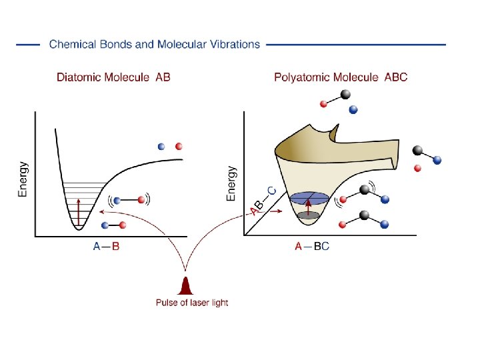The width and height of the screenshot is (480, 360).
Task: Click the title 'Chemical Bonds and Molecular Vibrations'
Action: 155,45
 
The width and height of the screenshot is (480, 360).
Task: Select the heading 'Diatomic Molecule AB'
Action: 113,77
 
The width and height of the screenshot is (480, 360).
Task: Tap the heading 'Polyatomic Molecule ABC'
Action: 341,77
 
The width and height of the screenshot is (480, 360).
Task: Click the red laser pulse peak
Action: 186,286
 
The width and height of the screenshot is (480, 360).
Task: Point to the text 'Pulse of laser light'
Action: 192,303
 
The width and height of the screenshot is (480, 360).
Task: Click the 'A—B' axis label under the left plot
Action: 107,247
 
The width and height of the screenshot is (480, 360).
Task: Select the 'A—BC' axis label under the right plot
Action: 312,247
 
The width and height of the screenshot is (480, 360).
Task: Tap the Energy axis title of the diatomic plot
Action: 23,179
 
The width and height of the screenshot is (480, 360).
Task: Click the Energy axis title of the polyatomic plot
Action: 231,183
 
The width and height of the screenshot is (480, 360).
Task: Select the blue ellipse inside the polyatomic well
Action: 309,197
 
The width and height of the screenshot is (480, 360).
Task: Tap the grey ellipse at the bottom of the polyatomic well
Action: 307,215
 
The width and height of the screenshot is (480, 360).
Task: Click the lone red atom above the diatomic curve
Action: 178,147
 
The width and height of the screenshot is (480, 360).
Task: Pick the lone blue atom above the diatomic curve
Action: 161,147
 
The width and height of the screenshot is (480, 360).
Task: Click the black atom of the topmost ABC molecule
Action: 345,95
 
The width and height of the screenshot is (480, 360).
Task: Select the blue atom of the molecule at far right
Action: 437,160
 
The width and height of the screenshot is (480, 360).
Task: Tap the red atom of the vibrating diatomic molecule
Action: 141,199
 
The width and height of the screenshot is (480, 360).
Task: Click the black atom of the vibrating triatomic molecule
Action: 364,190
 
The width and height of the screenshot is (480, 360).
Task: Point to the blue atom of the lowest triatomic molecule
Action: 385,224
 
